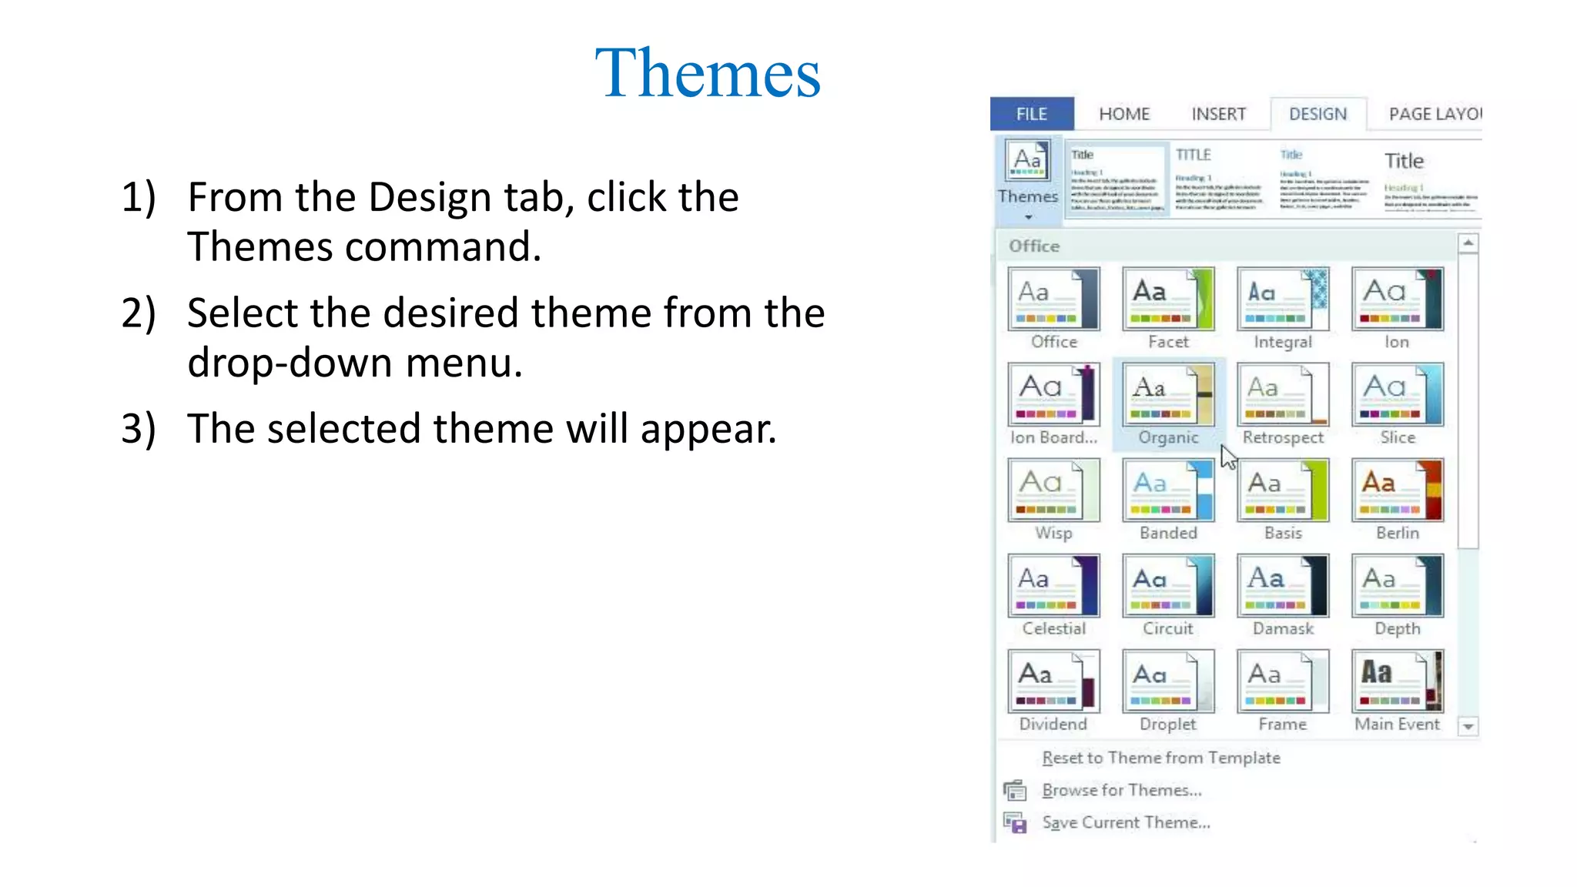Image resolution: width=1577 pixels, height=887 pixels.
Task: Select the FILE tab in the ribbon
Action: pos(1031,114)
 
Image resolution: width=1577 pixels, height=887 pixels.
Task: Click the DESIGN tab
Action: pos(1318,114)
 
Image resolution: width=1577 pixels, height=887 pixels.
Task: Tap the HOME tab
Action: pos(1123,114)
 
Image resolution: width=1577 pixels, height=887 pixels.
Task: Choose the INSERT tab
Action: pos(1218,114)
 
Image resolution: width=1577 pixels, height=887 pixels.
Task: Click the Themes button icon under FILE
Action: pos(1028,162)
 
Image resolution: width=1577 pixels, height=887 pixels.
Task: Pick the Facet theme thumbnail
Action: pos(1168,299)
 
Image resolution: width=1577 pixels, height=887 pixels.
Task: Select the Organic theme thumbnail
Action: pos(1168,394)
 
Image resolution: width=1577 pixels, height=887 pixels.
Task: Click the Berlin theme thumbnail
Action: pos(1397,490)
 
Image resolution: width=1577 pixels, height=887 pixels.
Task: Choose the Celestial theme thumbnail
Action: pos(1053,586)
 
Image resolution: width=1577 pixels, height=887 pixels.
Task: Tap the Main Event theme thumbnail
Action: pos(1397,681)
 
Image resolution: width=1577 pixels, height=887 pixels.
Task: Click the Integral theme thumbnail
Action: pos(1282,299)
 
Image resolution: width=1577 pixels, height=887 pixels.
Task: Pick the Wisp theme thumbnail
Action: pos(1053,490)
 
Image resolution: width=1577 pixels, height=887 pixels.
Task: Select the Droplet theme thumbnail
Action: pos(1168,681)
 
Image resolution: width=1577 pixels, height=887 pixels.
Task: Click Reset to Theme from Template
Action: pos(1160,758)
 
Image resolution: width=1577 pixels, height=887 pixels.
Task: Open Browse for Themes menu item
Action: pos(1121,790)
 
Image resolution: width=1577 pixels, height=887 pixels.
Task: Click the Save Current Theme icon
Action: pos(1015,823)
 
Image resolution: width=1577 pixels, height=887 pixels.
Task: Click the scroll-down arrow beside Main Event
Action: pos(1468,726)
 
